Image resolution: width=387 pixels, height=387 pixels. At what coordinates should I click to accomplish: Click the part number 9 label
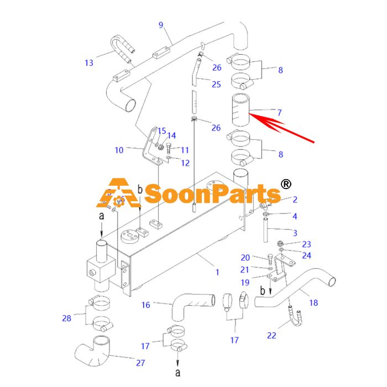[161, 25]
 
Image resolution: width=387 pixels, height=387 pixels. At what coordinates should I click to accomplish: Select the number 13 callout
[89, 62]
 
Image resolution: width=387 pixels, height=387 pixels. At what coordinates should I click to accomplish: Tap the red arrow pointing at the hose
[281, 128]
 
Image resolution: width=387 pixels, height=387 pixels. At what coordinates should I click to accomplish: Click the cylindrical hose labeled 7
[240, 109]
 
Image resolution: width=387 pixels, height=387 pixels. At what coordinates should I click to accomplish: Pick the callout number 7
[279, 113]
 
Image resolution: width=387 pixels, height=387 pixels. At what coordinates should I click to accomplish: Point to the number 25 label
[216, 85]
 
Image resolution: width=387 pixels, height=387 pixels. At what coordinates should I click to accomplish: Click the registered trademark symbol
[286, 184]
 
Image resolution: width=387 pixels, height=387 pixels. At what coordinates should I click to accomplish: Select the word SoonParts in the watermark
[212, 194]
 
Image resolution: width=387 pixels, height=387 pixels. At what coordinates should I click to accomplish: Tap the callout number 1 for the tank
[217, 272]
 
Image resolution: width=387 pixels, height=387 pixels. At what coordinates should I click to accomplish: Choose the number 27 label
[140, 363]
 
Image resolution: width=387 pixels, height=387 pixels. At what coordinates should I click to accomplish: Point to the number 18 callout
[313, 302]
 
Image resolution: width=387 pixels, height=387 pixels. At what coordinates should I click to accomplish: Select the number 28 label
[67, 318]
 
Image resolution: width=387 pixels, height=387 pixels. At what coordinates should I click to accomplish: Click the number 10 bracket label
[119, 150]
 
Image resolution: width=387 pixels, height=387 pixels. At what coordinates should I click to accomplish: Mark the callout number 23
[306, 244]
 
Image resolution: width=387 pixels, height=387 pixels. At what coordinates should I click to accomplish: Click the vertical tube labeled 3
[265, 230]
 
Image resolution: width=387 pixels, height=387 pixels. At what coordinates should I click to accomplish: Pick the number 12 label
[185, 163]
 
